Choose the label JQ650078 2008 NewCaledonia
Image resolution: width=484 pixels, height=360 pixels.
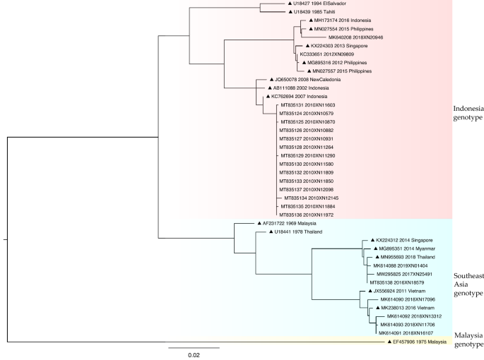(304, 80)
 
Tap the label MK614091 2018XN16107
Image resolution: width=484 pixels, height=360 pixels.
(406, 332)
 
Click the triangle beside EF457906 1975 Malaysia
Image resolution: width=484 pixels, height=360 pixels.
(389, 341)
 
